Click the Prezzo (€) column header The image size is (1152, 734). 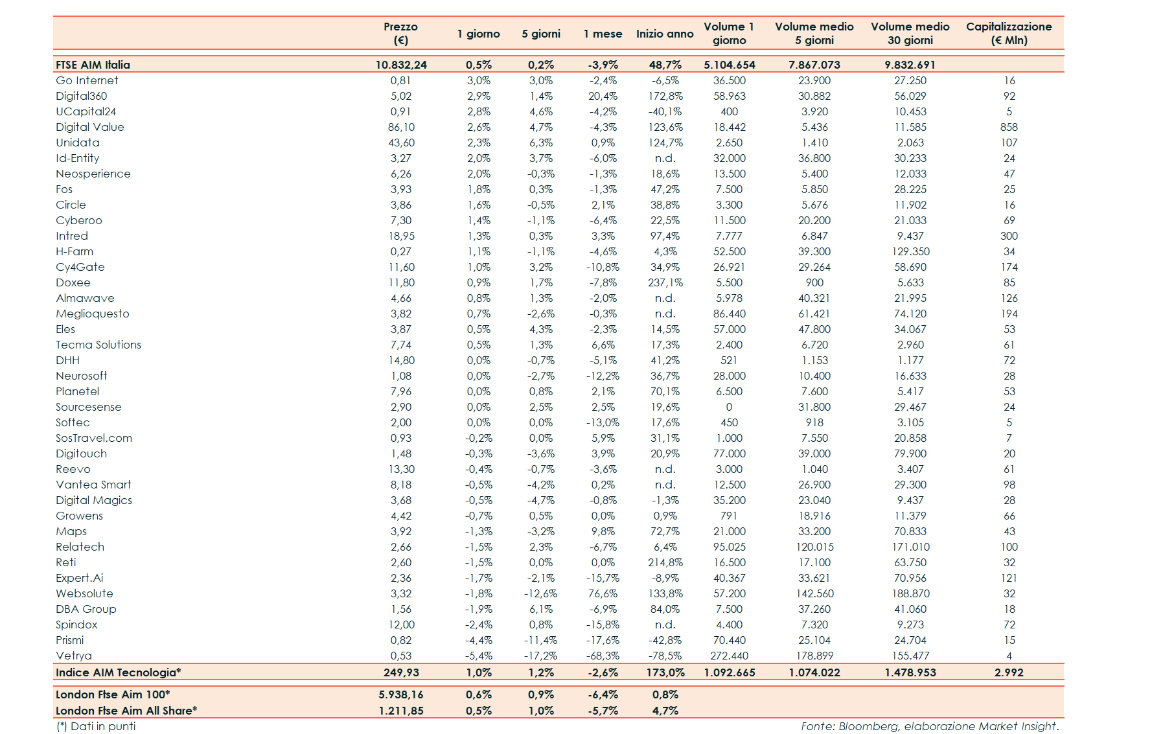pyautogui.click(x=400, y=33)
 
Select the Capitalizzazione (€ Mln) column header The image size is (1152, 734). pyautogui.click(x=1008, y=33)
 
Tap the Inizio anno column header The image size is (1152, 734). pyautogui.click(x=664, y=34)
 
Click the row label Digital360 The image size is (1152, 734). pyautogui.click(x=81, y=96)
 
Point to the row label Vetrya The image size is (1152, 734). pyautogui.click(x=74, y=656)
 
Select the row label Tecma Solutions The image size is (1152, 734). pyautogui.click(x=98, y=345)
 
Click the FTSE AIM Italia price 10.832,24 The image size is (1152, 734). pyautogui.click(x=401, y=65)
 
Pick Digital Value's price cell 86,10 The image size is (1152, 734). pyautogui.click(x=401, y=127)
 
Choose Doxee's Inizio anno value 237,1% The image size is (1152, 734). pyautogui.click(x=665, y=282)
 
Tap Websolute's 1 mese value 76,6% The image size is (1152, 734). pyautogui.click(x=603, y=593)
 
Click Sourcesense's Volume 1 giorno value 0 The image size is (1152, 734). pyautogui.click(x=729, y=407)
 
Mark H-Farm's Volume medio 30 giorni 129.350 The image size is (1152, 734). pyautogui.click(x=910, y=251)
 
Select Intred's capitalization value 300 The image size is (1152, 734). pyautogui.click(x=1009, y=236)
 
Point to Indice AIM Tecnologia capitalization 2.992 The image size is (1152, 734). pyautogui.click(x=1009, y=672)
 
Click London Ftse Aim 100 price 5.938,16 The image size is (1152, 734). pyautogui.click(x=401, y=694)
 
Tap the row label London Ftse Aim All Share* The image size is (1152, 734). pyautogui.click(x=126, y=711)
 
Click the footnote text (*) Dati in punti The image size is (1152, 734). pyautogui.click(x=97, y=726)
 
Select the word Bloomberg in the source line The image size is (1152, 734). pyautogui.click(x=868, y=726)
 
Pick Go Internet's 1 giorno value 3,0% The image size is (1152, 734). pyautogui.click(x=479, y=80)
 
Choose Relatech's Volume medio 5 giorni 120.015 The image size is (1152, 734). pyautogui.click(x=814, y=547)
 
